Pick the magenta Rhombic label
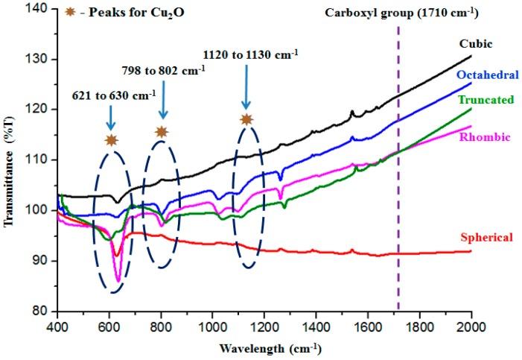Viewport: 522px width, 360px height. pos(488,136)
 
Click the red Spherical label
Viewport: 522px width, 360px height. pos(487,238)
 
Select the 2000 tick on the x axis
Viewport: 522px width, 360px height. pos(471,326)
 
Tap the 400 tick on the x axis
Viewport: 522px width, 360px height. pos(57,326)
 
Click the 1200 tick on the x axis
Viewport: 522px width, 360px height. pos(264,326)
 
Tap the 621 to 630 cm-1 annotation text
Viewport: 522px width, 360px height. pos(114,95)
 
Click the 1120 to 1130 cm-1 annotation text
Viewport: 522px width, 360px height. pos(251,53)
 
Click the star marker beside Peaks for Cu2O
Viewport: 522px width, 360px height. pos(72,13)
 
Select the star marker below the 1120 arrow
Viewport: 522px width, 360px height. pos(246,119)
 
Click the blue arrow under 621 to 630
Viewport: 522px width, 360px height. pos(110,116)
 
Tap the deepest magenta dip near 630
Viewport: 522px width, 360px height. pos(118,282)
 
